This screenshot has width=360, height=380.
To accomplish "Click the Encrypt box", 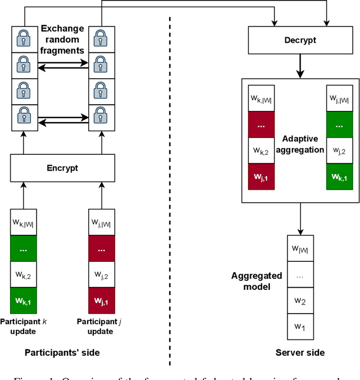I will click(62, 168).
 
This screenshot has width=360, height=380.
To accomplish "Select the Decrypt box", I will click(299, 40).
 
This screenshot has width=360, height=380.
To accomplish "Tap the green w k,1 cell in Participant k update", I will click(23, 301).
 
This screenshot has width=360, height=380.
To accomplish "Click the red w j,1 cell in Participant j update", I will click(102, 301).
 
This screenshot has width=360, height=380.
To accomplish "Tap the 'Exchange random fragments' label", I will click(62, 39).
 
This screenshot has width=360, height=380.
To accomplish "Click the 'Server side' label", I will click(300, 352).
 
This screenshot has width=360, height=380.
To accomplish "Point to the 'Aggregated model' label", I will click(256, 281).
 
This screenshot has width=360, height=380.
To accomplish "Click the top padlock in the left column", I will click(23, 38).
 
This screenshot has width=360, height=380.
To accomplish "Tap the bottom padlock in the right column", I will click(102, 118).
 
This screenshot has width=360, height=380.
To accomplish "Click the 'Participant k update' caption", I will click(23, 326).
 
